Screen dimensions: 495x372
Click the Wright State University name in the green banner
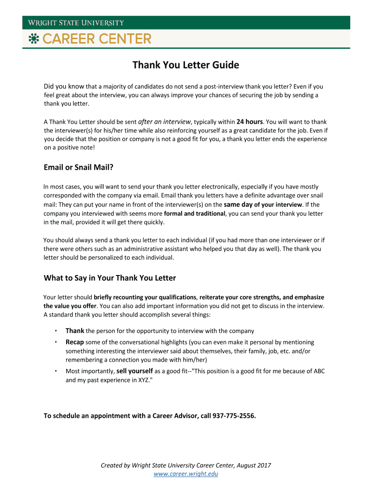point(75,23)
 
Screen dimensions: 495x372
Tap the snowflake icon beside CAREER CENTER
point(33,39)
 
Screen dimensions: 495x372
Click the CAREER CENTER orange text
point(97,39)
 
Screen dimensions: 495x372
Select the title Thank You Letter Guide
point(186,65)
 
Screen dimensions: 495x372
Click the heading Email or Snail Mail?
point(78,168)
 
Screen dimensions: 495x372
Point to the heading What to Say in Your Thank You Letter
point(110,278)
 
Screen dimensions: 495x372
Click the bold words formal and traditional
point(195,213)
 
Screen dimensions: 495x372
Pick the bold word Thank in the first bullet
point(75,331)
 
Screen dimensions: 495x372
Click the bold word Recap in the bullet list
point(75,342)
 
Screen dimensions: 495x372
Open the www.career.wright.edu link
point(186,474)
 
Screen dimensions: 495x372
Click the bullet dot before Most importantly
point(56,371)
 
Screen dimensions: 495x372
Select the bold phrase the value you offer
point(70,306)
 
